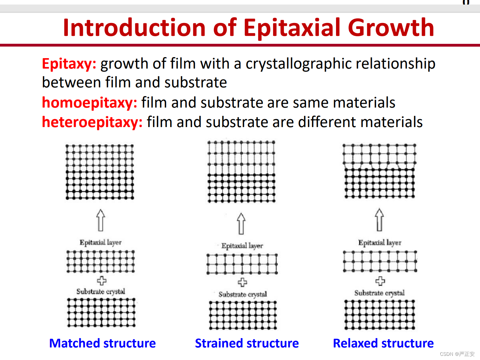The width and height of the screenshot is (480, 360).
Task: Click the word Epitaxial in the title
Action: (x=292, y=28)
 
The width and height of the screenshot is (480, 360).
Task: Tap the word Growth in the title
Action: (x=391, y=28)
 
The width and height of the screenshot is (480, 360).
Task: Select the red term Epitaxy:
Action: (x=69, y=64)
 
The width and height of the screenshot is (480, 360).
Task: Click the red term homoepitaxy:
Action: (x=90, y=103)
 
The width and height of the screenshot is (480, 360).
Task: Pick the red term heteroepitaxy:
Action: (x=92, y=122)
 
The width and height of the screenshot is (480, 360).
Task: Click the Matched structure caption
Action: (x=103, y=343)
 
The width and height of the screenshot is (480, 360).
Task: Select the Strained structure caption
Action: (x=247, y=343)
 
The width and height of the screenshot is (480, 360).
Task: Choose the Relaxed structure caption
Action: (x=383, y=343)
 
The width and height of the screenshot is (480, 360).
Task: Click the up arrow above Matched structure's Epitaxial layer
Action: (x=101, y=220)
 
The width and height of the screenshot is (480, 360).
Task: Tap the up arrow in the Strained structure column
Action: (x=241, y=224)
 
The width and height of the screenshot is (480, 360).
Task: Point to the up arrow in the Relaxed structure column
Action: (x=379, y=220)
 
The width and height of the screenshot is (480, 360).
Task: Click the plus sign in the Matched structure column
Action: (x=102, y=281)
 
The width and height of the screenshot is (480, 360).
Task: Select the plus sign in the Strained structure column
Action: (x=242, y=282)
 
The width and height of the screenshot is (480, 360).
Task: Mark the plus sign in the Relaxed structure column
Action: (x=380, y=281)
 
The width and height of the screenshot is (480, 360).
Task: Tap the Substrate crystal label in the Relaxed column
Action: (x=379, y=293)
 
